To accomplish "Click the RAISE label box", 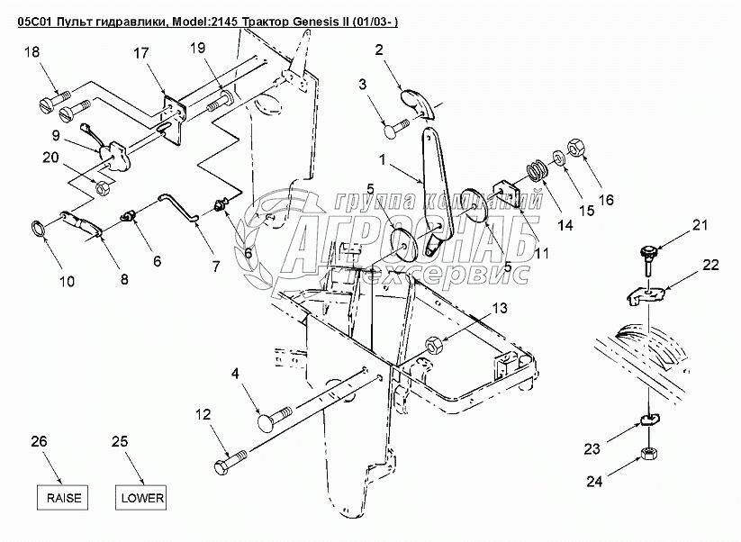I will [63, 496].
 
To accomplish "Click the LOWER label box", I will [140, 496].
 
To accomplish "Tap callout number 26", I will [37, 441].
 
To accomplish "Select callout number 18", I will [32, 54].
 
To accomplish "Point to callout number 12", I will [203, 415].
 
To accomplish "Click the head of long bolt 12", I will [223, 467].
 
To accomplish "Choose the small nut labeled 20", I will [104, 189].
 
